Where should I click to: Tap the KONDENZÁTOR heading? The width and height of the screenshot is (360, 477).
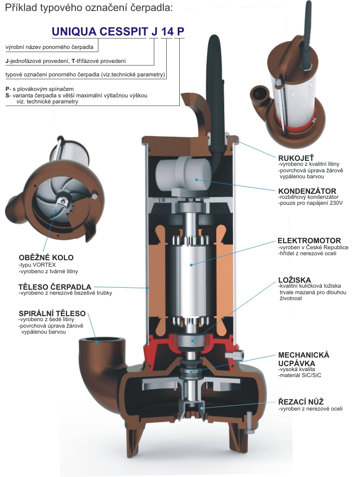click(x=307, y=191)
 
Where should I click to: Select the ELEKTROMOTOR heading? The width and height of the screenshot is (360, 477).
click(x=310, y=240)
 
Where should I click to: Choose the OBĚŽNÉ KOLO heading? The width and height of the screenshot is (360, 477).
click(x=45, y=258)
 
